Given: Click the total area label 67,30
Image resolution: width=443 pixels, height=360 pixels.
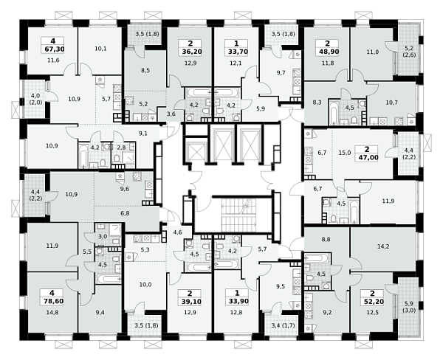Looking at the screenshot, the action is pyautogui.click(x=55, y=49).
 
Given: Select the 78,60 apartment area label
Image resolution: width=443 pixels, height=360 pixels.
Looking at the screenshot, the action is pyautogui.click(x=53, y=301).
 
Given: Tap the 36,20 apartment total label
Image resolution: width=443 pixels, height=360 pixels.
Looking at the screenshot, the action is pyautogui.click(x=190, y=52).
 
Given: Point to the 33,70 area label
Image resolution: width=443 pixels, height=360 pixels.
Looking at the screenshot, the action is pyautogui.click(x=236, y=52).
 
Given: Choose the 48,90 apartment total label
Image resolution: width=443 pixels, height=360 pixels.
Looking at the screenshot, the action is pyautogui.click(x=328, y=52).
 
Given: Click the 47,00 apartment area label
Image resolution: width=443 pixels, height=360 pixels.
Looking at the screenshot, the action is pyautogui.click(x=367, y=157).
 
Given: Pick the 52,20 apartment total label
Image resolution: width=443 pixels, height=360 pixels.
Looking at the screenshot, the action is pyautogui.click(x=373, y=302).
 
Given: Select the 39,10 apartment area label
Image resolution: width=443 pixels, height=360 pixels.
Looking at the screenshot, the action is pyautogui.click(x=190, y=302).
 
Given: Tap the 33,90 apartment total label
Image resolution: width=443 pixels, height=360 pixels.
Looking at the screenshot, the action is pyautogui.click(x=237, y=302).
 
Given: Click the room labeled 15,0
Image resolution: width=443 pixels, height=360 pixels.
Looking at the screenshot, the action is pyautogui.click(x=345, y=153).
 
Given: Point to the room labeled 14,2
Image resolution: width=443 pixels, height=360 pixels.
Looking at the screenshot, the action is pyautogui.click(x=383, y=246).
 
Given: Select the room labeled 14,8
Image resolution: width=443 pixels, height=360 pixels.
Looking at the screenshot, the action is pyautogui.click(x=52, y=312).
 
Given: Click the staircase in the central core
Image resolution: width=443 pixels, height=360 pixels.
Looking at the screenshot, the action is pyautogui.click(x=238, y=215).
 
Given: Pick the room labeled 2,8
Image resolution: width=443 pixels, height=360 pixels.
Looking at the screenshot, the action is pyautogui.click(x=121, y=147).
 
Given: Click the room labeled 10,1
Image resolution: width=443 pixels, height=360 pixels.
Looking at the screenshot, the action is pyautogui.click(x=100, y=49).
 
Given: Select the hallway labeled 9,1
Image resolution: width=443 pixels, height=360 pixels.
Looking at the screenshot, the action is pyautogui.click(x=143, y=134).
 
